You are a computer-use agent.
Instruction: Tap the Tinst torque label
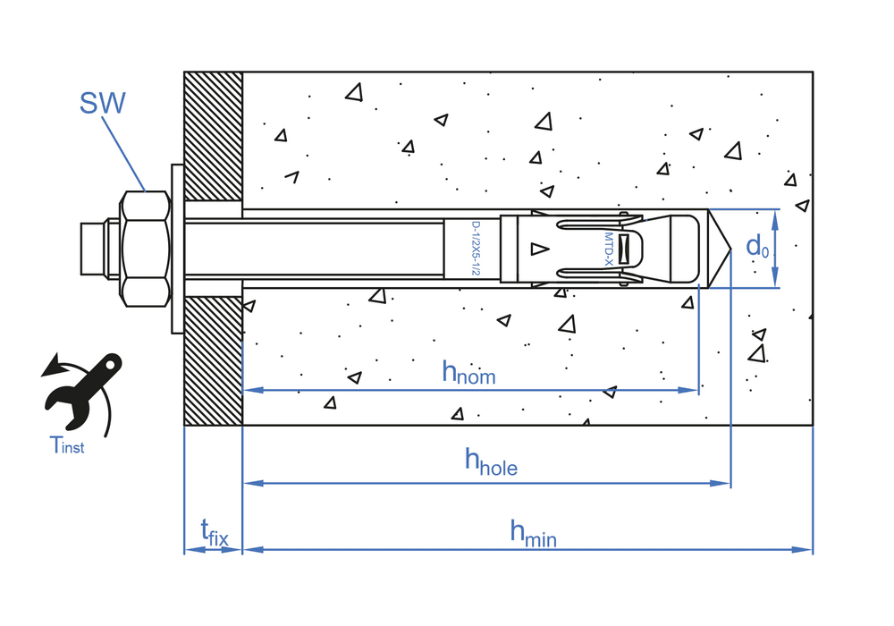pyautogui.click(x=67, y=444)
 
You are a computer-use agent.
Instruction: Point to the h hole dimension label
pyautogui.click(x=491, y=461)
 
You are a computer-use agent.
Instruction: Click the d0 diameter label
pyautogui.click(x=757, y=247)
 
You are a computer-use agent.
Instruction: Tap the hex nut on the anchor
pyautogui.click(x=145, y=248)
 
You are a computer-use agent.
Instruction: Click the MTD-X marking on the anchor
pyautogui.click(x=607, y=249)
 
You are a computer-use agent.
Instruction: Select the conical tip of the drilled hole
pyautogui.click(x=721, y=249)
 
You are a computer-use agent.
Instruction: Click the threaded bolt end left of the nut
pyautogui.click(x=93, y=248)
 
